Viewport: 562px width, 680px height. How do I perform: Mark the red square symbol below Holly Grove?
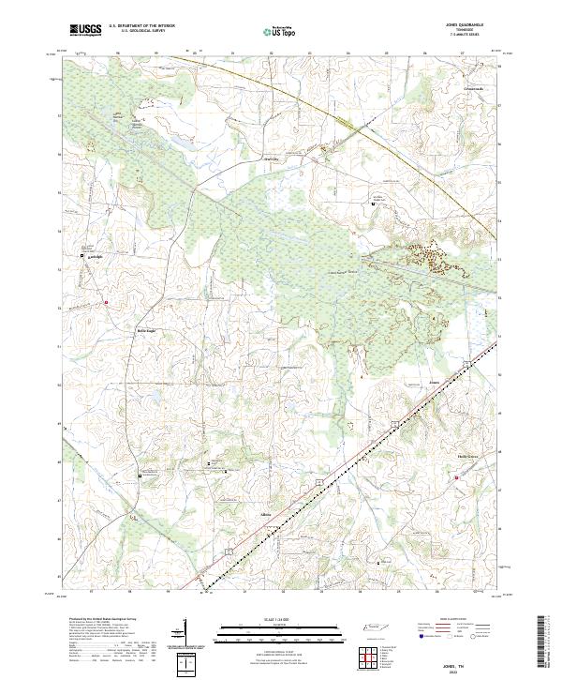click(458, 479)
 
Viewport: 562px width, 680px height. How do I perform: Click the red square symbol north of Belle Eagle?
click(107, 302)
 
